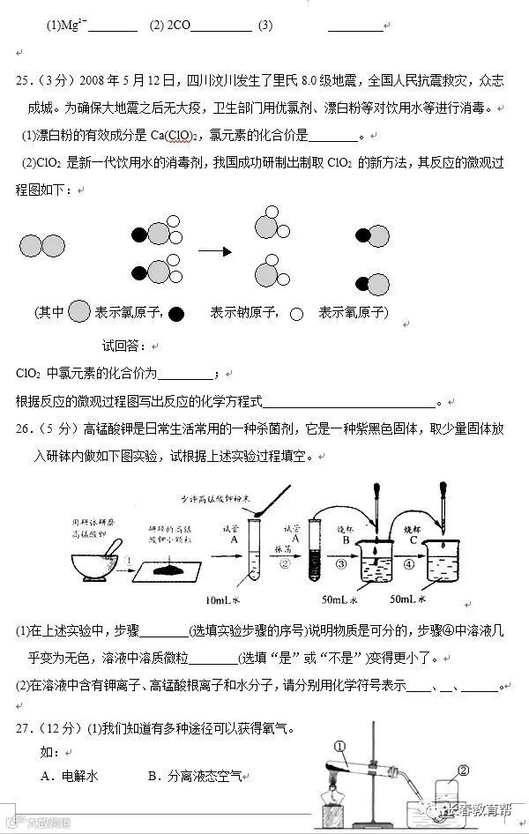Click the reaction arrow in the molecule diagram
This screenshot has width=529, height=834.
214,251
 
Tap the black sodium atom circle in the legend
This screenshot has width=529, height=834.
176,312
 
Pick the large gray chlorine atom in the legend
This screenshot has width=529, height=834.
79,312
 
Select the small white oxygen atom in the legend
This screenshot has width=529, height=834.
297,313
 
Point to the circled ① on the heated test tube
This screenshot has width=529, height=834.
341,746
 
